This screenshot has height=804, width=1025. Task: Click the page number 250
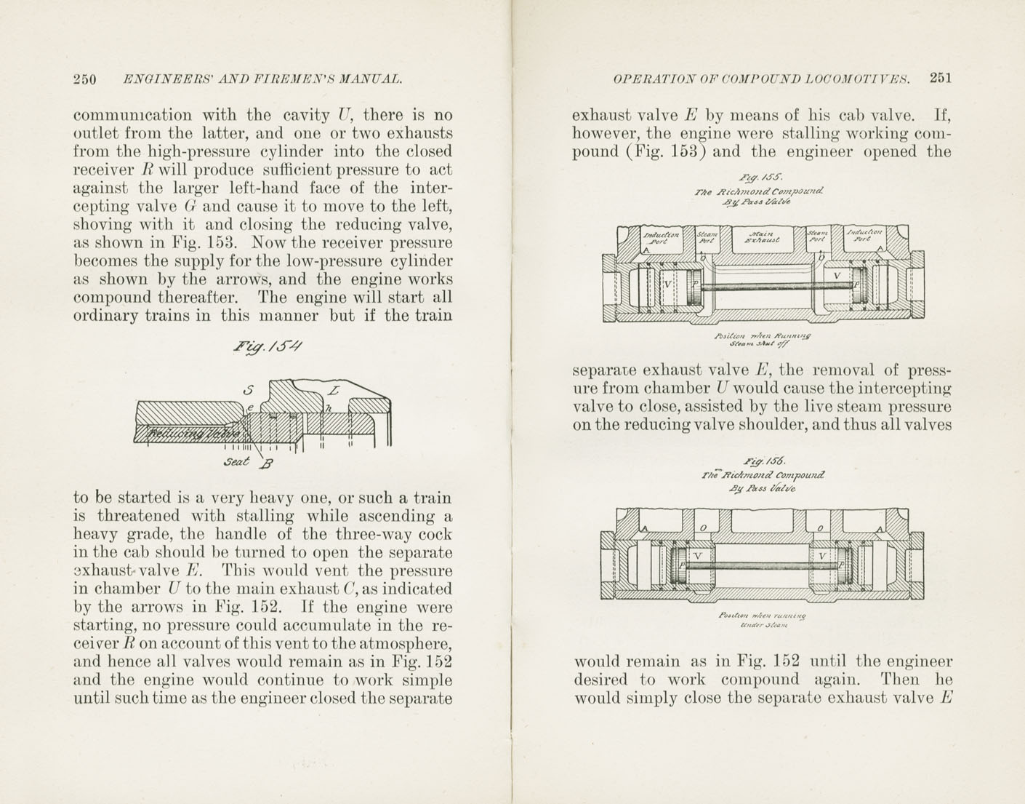tap(85, 80)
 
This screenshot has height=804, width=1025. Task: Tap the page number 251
tap(940, 79)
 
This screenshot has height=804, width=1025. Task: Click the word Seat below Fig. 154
tap(238, 462)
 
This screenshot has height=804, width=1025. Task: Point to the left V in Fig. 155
tap(667, 282)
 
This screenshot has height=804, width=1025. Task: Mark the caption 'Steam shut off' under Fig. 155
tap(761, 344)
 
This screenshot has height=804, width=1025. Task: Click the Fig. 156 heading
tap(760, 461)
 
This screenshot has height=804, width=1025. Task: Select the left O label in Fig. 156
tap(702, 528)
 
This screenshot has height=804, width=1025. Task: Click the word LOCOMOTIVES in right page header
tap(855, 79)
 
